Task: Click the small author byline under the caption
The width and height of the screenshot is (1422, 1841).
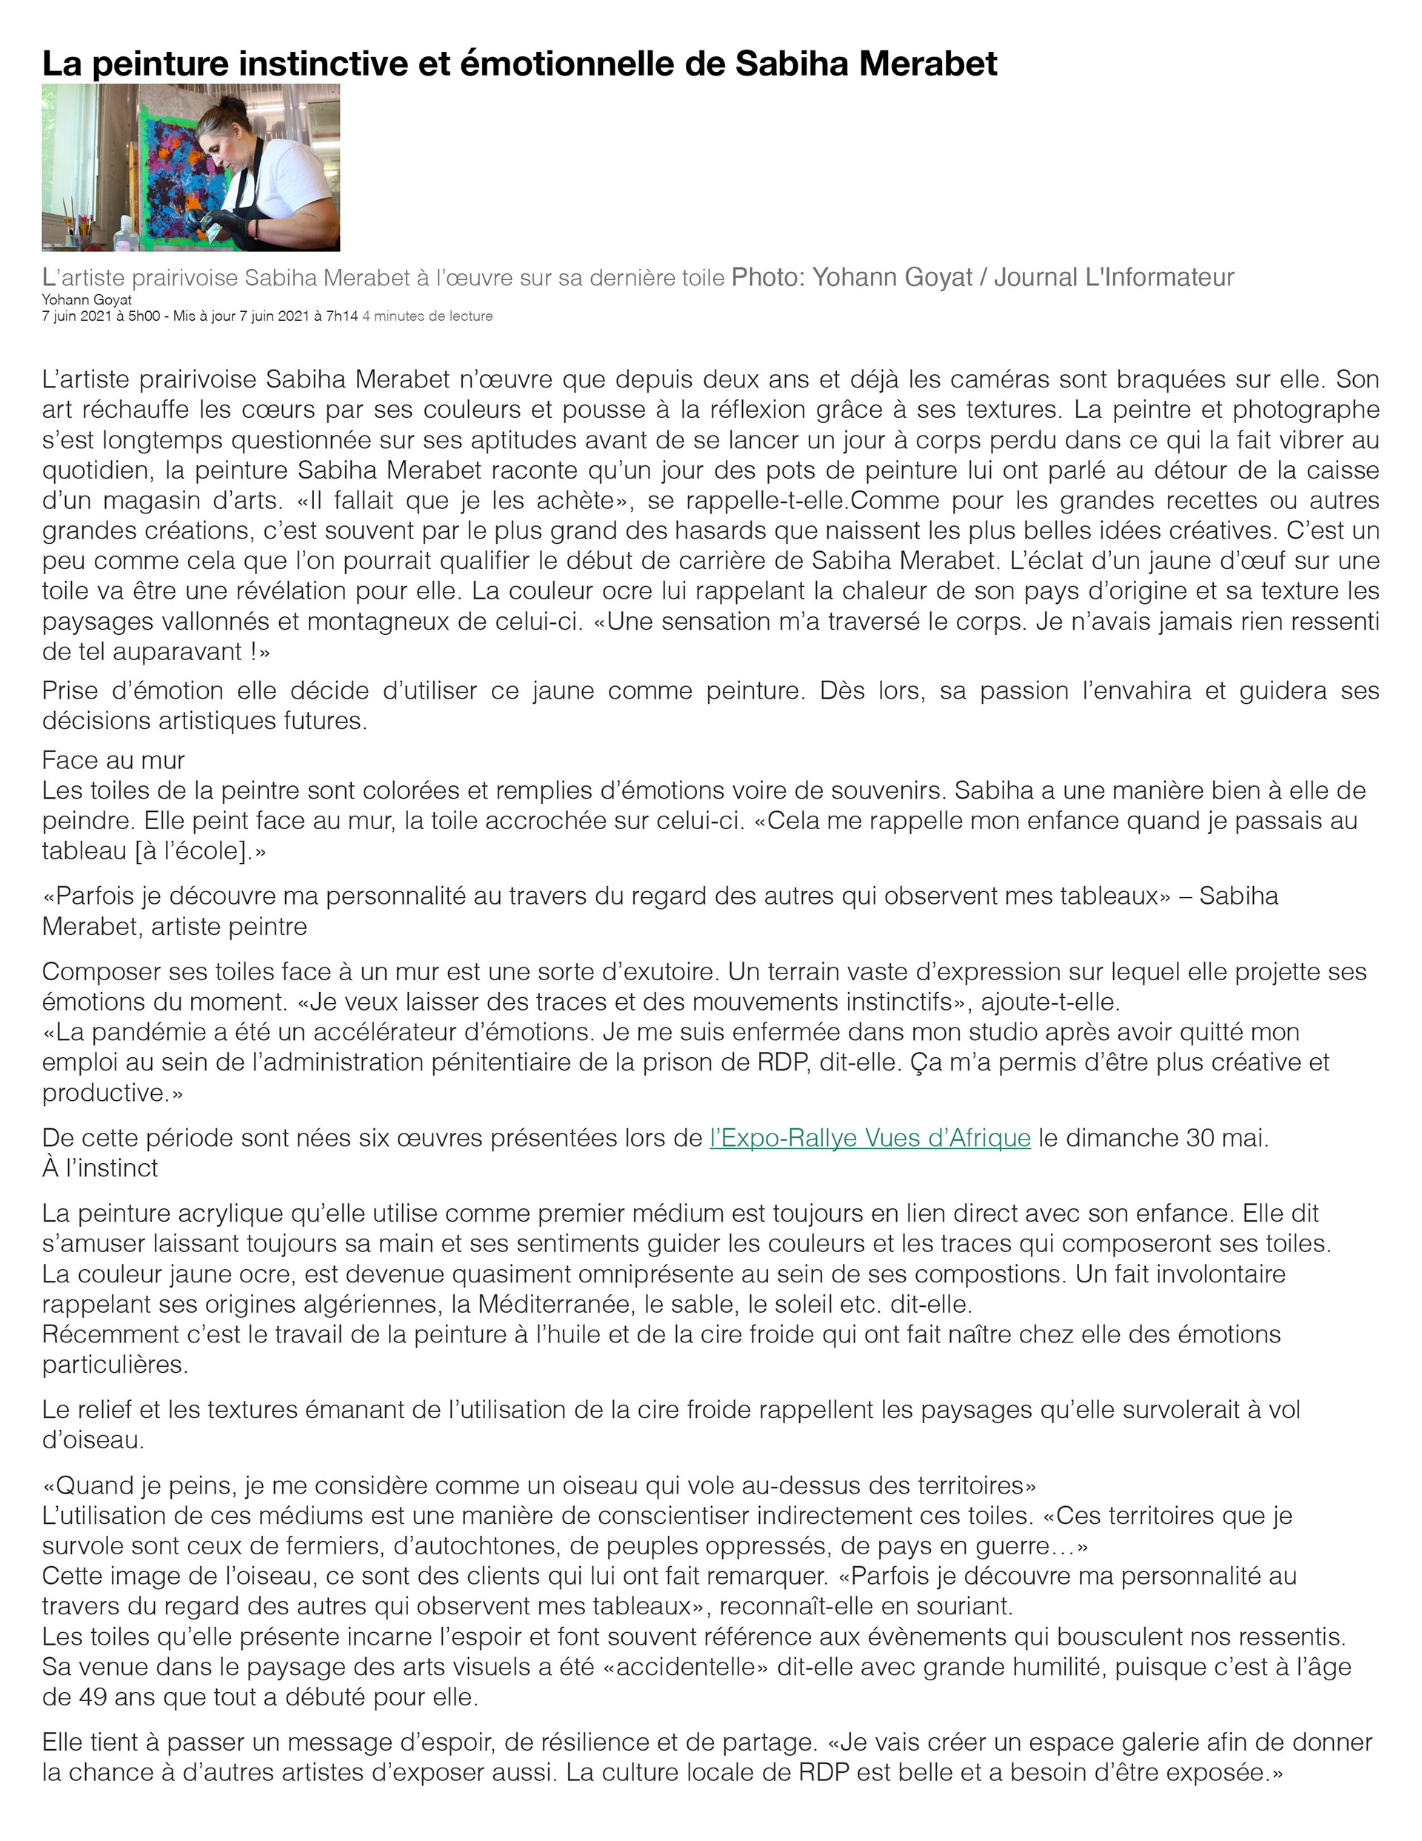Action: coord(87,300)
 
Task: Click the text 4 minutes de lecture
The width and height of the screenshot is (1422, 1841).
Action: coord(427,316)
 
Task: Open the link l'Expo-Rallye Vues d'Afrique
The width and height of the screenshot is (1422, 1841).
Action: coord(870,1138)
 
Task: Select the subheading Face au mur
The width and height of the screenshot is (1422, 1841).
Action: coord(113,760)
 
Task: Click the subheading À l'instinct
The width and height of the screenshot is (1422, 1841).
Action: coord(99,1168)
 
